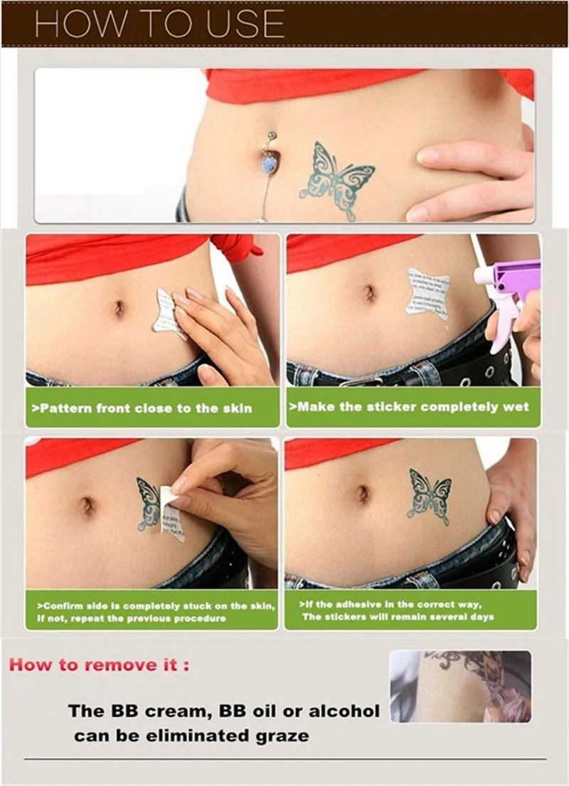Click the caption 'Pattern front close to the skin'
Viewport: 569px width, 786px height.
coord(142,408)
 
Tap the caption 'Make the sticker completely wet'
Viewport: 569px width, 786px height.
coord(409,407)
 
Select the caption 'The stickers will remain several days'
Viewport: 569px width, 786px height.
coord(398,617)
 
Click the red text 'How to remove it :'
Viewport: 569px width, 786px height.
coord(100,666)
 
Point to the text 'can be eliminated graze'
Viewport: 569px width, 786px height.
coord(191,735)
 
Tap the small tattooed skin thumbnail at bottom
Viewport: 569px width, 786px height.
coord(460,686)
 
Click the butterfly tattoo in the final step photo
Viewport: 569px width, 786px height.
coord(429,492)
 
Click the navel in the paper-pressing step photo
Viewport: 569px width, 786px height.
coord(118,308)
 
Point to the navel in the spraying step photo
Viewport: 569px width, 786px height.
coord(370,292)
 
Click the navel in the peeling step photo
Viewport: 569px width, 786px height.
coord(87,506)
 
